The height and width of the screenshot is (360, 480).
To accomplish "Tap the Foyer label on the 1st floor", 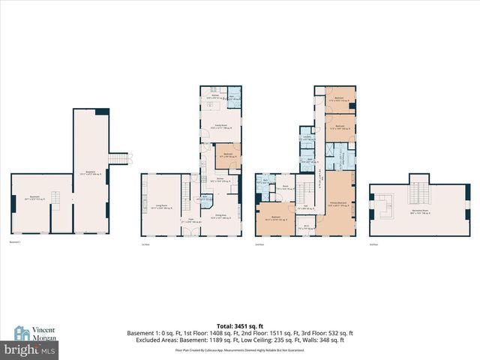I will pyautogui.click(x=190, y=220).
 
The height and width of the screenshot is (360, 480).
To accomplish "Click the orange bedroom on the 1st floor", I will pyautogui.click(x=226, y=157).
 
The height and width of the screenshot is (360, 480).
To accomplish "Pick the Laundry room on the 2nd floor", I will pyautogui.click(x=307, y=138).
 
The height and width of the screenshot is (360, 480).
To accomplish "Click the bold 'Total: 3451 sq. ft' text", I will pyautogui.click(x=240, y=325).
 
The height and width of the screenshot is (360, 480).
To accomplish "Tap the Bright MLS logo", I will pyautogui.click(x=30, y=349).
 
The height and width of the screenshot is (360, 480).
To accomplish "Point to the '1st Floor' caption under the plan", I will pyautogui.click(x=146, y=244).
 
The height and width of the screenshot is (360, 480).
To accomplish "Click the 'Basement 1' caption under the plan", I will pyautogui.click(x=14, y=244).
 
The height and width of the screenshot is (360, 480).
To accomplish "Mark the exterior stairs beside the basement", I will pyautogui.click(x=120, y=158).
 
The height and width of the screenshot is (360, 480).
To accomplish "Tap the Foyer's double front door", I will pyautogui.click(x=190, y=235).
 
